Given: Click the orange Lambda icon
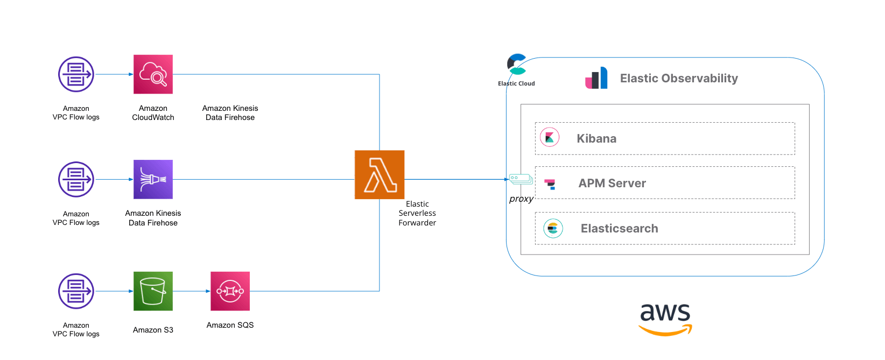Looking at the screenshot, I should [x=380, y=174].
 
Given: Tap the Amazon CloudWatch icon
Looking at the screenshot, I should [x=153, y=74].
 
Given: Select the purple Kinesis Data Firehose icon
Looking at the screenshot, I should [x=153, y=179].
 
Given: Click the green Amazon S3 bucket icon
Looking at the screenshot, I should [x=153, y=291].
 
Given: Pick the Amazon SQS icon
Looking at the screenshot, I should [x=230, y=291].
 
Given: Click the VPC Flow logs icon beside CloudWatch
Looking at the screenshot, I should [x=76, y=74].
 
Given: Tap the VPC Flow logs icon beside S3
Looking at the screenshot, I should [x=76, y=291].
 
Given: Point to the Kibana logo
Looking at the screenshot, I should [x=550, y=138].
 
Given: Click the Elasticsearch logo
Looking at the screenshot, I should [x=553, y=228].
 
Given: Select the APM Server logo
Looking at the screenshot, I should [x=550, y=184].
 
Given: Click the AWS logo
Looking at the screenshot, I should [x=665, y=319].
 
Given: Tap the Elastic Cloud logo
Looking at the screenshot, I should [x=517, y=65].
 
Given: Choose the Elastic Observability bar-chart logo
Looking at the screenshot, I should [x=596, y=78].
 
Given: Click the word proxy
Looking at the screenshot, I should [x=521, y=199].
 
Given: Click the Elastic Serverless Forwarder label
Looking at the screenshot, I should [x=417, y=213].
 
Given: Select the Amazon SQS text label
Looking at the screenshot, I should [x=230, y=325].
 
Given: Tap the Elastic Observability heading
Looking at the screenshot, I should [x=679, y=79].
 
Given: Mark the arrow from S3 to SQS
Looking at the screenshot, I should [x=191, y=291].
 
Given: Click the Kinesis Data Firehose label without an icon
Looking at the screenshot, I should [x=230, y=113].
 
